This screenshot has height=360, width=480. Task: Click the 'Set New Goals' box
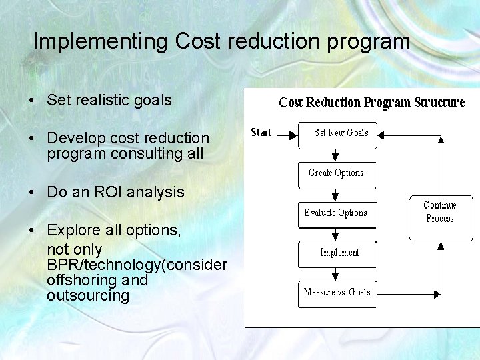click(337, 135)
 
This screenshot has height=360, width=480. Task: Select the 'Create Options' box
click(337, 175)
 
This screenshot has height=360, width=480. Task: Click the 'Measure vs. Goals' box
click(337, 294)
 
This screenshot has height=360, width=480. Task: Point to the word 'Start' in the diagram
click(261, 133)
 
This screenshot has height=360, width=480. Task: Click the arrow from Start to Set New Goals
click(286, 135)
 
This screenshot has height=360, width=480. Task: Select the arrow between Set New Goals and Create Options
click(335, 155)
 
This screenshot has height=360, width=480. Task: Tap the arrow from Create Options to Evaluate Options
click(335, 195)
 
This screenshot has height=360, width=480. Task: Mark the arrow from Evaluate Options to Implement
click(335, 234)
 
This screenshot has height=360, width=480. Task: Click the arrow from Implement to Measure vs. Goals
click(335, 274)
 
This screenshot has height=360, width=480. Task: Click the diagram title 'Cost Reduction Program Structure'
click(371, 103)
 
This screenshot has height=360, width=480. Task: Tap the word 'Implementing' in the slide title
click(101, 42)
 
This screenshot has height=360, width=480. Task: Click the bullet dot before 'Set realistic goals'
click(32, 101)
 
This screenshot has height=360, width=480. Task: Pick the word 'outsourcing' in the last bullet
click(88, 295)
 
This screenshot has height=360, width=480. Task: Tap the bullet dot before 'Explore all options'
click(32, 231)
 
